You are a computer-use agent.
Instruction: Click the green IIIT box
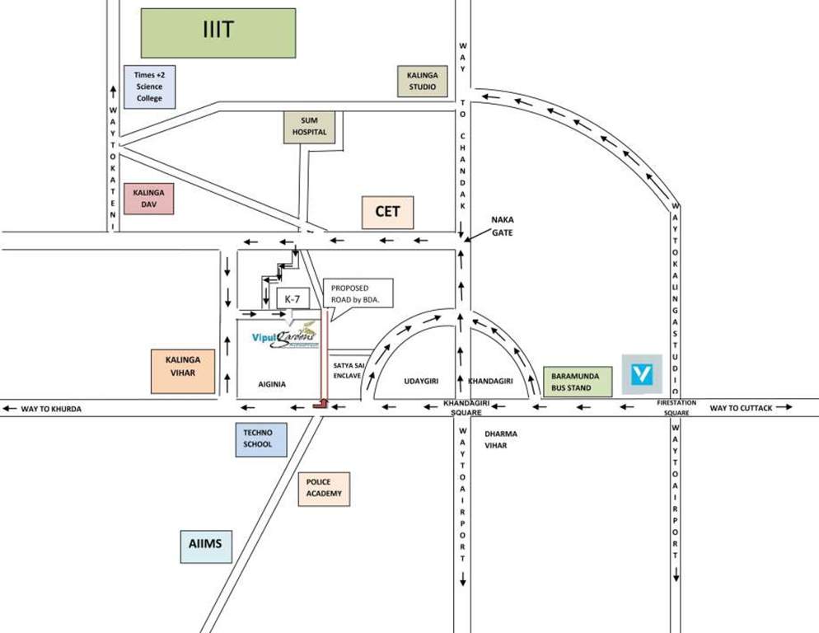pos(218,33)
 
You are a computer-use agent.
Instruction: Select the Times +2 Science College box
pos(149,87)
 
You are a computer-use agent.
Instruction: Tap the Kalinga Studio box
pos(422,81)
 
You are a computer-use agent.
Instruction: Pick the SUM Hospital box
pos(310,127)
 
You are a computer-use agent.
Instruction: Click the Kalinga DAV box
pos(148,199)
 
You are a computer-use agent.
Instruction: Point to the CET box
pos(387,212)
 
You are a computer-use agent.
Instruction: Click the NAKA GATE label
pos(503,226)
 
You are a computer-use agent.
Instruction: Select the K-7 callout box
pos(292,298)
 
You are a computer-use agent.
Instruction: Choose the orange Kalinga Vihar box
pos(182,372)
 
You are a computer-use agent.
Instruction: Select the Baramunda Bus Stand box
pos(578,381)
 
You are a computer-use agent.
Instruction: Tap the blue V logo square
pos(642,374)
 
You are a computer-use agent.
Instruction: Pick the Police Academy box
pos(324,488)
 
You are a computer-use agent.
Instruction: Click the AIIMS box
pos(206,545)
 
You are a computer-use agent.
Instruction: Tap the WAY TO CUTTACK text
pos(742,408)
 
